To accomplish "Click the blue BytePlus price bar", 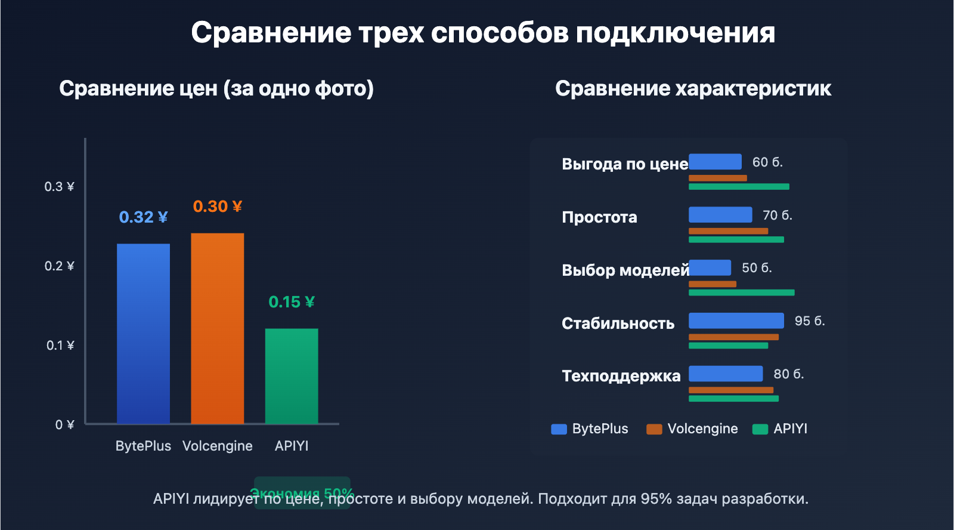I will [143, 334].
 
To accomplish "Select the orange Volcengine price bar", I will [217, 328].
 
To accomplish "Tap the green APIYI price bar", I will [292, 376].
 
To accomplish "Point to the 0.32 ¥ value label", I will [143, 217].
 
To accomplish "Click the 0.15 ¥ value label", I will [292, 302].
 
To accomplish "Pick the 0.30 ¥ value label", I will [217, 207].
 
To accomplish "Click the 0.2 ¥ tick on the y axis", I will [59, 266].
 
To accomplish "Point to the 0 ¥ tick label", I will [64, 425].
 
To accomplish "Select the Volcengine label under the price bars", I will [217, 446].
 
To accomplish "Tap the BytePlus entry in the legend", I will [590, 429].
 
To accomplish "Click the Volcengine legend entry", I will [692, 429].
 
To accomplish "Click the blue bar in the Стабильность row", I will [736, 321].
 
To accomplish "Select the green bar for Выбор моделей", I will [741, 292].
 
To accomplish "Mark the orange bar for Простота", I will [728, 231].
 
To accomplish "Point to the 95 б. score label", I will [809, 321].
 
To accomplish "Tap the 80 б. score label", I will [788, 374].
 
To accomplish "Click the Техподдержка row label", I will [621, 376].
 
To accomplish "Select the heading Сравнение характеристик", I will [693, 88].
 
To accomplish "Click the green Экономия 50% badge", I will [302, 485].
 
